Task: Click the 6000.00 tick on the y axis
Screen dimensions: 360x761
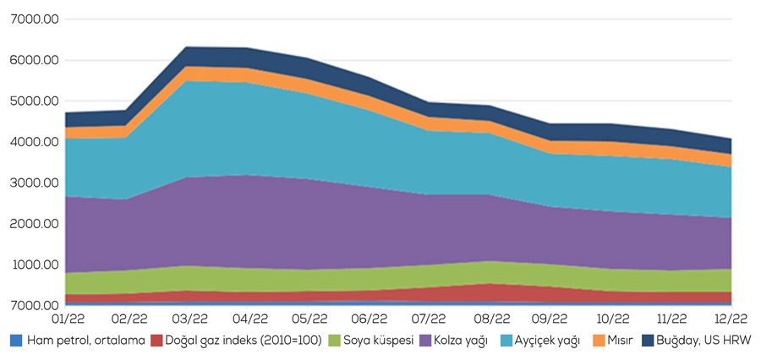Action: click(32, 61)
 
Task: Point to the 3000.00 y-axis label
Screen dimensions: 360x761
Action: click(32, 183)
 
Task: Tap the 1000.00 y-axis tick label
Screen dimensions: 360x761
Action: click(32, 265)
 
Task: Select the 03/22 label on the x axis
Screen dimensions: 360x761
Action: click(189, 319)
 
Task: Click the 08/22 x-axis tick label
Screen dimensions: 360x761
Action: click(492, 319)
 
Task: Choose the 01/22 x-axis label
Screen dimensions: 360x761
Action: click(66, 319)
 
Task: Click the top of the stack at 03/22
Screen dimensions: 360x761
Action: click(189, 47)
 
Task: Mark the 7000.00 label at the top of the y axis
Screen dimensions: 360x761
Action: click(32, 19)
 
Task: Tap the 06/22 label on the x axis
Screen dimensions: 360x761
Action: click(370, 319)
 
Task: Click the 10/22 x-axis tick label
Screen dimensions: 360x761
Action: click(612, 319)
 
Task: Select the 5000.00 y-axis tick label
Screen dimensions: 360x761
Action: click(32, 101)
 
